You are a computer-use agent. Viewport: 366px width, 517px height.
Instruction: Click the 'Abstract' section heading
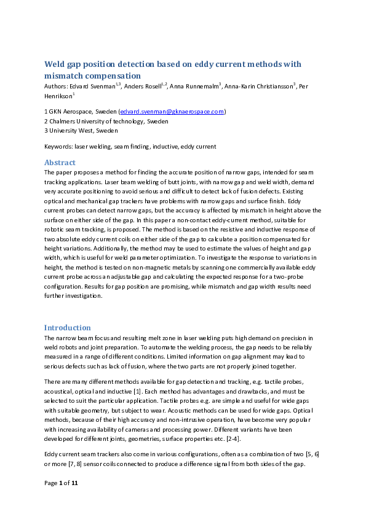coord(60,163)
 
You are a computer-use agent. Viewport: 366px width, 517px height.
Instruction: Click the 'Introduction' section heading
coord(68,328)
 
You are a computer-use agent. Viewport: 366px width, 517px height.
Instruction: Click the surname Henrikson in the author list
coord(58,96)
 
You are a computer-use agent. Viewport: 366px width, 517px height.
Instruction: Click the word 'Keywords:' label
coord(58,147)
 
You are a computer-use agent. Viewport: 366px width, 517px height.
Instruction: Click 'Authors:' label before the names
coord(57,87)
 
